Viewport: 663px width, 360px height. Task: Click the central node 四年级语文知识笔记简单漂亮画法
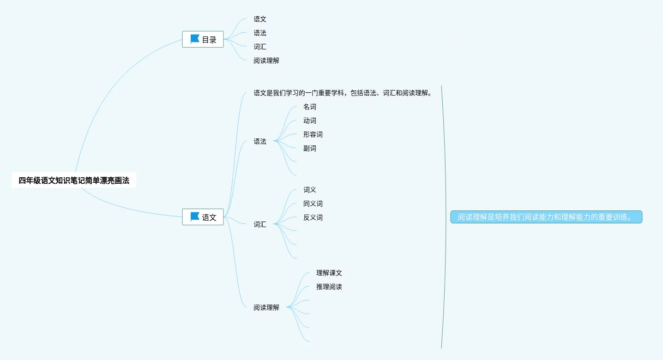tap(74, 180)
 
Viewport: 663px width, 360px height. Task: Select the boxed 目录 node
tap(203, 40)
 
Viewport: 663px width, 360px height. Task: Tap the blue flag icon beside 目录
tap(195, 39)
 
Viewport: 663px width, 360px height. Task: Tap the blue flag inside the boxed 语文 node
tap(195, 216)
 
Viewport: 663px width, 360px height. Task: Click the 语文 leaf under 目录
tap(260, 19)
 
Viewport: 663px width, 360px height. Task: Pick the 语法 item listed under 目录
tap(260, 33)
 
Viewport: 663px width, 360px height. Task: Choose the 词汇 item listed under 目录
tap(260, 47)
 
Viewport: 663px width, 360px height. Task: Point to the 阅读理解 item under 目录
tap(266, 60)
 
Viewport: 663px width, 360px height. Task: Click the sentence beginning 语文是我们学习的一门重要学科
tap(342, 93)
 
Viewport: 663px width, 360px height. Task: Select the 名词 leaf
tap(310, 107)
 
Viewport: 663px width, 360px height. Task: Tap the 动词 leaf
tap(310, 121)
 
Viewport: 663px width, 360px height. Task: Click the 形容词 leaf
tap(313, 135)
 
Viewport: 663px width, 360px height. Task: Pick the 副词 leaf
tap(310, 149)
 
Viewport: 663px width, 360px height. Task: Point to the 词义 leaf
tap(310, 190)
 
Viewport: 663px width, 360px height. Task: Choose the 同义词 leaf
tap(313, 204)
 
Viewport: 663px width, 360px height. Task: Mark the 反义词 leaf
tap(313, 218)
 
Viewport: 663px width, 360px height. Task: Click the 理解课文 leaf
tap(329, 273)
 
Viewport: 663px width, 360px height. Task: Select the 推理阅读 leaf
tap(329, 287)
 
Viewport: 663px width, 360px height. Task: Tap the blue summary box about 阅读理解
tap(546, 217)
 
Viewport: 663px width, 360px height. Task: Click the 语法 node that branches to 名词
tap(260, 142)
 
